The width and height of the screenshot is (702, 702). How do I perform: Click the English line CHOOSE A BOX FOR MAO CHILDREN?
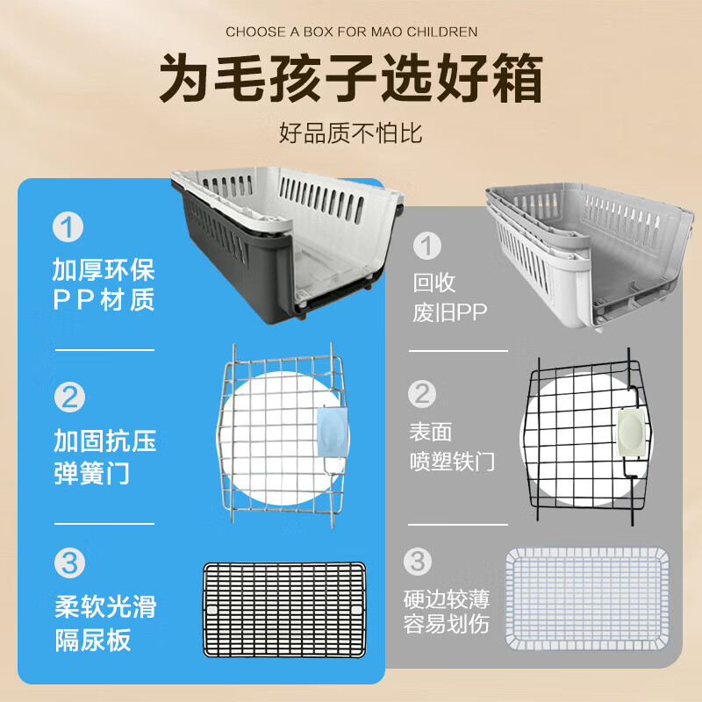point(351,32)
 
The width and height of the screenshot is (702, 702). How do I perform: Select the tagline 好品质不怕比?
point(351,133)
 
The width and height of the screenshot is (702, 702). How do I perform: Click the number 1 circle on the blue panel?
point(68,227)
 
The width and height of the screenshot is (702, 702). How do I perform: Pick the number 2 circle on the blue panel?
point(68,397)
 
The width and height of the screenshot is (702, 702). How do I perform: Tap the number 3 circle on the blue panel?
point(68,562)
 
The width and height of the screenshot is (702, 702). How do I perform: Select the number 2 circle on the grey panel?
point(425,393)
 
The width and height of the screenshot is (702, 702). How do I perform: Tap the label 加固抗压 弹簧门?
point(104,456)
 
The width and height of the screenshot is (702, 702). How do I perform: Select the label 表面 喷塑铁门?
point(452,447)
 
